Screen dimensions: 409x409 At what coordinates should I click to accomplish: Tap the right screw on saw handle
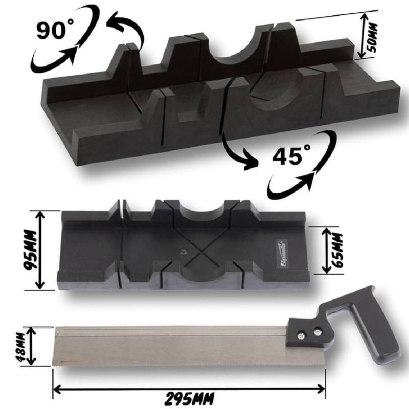pyautogui.click(x=319, y=333)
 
